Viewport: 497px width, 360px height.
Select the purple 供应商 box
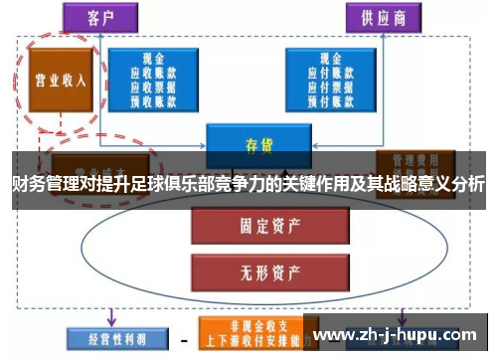click(382, 17)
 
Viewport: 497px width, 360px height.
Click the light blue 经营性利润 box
click(109, 338)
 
